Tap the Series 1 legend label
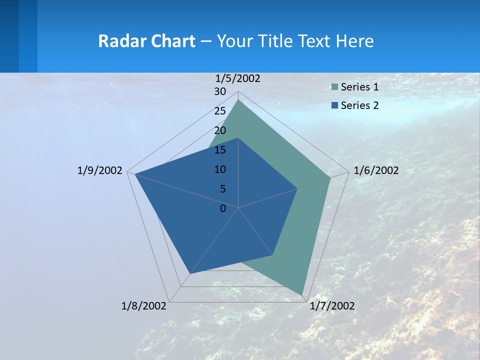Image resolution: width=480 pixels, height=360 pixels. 359,87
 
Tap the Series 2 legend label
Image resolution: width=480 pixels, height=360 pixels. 359,105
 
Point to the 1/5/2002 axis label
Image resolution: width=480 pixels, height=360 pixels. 238,78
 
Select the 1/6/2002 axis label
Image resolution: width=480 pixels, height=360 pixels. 376,170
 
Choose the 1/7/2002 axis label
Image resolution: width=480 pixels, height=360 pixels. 332,306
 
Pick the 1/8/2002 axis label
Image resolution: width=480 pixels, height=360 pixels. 144,306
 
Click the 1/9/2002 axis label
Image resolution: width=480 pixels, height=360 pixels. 100,170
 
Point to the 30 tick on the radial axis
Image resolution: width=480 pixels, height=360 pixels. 220,91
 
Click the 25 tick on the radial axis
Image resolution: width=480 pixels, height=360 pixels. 220,111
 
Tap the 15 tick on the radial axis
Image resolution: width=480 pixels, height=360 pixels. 220,150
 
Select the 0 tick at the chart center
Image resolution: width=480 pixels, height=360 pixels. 223,208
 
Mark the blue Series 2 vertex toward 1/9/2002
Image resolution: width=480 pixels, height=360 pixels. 135,174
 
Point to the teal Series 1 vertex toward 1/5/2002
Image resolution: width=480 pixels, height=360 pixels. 238,100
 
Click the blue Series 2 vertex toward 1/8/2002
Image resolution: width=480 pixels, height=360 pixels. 190,274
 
